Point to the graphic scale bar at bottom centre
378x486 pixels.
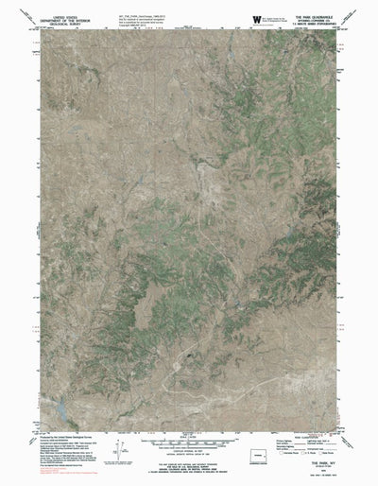tap(189, 445)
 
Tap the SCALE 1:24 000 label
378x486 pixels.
tap(189, 440)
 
